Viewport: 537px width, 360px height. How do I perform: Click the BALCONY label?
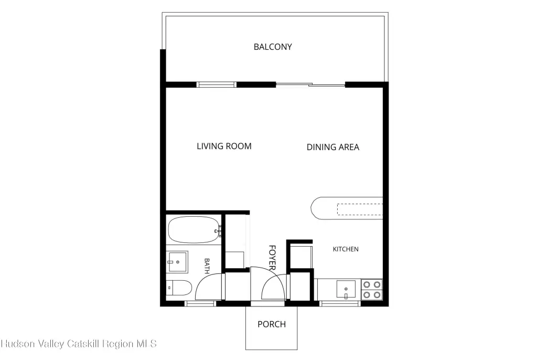[x=273, y=47]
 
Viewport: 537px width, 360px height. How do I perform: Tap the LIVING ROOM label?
[x=224, y=146]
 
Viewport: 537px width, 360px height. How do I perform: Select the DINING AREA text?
[x=332, y=147]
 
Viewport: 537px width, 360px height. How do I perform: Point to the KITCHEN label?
[x=346, y=249]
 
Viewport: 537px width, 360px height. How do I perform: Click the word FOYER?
[x=272, y=258]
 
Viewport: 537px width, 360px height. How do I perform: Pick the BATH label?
[x=207, y=266]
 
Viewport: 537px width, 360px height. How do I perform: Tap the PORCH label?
[x=272, y=324]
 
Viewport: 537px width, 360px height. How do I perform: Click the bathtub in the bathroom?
[x=194, y=229]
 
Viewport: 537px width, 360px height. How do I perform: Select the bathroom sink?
[x=177, y=262]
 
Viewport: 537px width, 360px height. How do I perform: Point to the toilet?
[x=179, y=288]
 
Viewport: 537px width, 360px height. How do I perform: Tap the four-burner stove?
[x=372, y=290]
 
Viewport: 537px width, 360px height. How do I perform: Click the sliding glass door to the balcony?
[x=310, y=84]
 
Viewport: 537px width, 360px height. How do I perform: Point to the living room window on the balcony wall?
[x=217, y=84]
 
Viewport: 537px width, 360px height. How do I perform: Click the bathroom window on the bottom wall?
[x=200, y=303]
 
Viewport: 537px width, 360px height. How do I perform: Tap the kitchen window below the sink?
[x=340, y=303]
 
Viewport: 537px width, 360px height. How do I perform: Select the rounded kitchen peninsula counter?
[x=347, y=208]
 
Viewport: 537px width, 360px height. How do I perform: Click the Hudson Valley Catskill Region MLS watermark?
[x=79, y=344]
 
